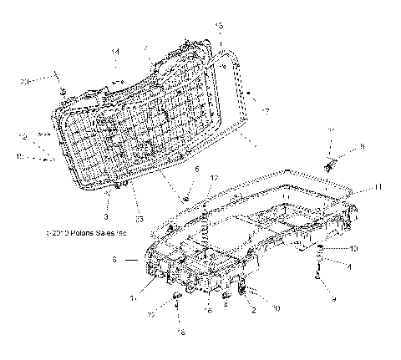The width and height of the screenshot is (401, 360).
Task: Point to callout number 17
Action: point(266,111)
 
